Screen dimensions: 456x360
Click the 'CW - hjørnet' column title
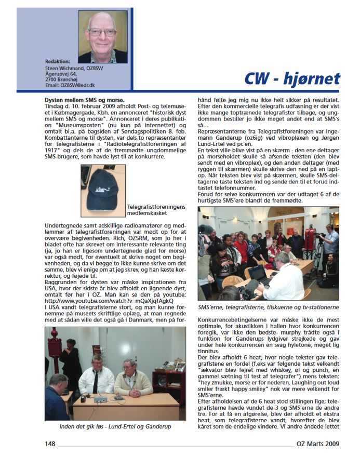(292, 78)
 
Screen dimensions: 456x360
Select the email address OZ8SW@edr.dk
(70, 85)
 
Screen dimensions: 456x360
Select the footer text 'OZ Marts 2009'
(318, 444)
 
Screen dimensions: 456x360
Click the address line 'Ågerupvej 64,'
(61, 73)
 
